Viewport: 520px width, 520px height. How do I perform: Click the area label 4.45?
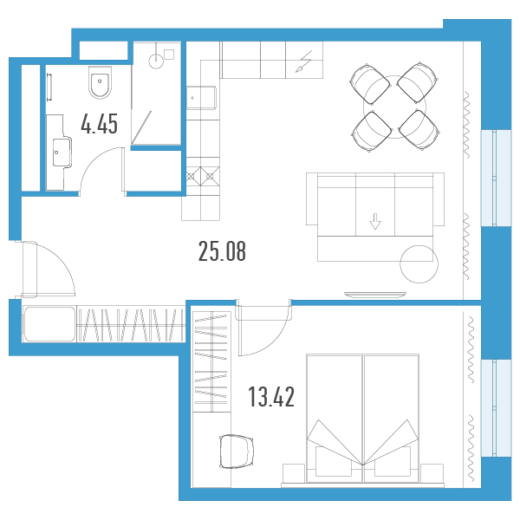click(x=99, y=124)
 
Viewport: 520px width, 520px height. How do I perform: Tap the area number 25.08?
click(x=222, y=251)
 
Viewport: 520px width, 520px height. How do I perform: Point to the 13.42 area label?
click(x=271, y=397)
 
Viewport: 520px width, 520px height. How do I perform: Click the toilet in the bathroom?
click(x=100, y=82)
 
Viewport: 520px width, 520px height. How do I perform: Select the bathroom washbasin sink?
click(x=62, y=153)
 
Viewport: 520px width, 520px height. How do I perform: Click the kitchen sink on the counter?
click(x=201, y=97)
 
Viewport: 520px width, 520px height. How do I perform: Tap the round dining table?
click(x=394, y=106)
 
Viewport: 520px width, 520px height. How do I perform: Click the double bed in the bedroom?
click(x=362, y=419)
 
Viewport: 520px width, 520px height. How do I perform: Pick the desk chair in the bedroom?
click(x=237, y=452)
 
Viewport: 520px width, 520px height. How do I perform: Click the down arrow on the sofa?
click(x=375, y=222)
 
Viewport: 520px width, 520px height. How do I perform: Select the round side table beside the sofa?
click(x=419, y=264)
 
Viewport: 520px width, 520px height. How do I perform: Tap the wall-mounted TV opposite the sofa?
click(x=375, y=295)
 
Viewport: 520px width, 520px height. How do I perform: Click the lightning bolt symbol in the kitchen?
click(x=304, y=62)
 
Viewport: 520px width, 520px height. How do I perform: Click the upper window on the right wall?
click(x=496, y=178)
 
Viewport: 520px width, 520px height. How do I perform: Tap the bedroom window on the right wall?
click(x=496, y=408)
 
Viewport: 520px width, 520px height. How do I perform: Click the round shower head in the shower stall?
click(x=156, y=61)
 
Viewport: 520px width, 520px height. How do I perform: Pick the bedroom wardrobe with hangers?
click(x=211, y=361)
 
